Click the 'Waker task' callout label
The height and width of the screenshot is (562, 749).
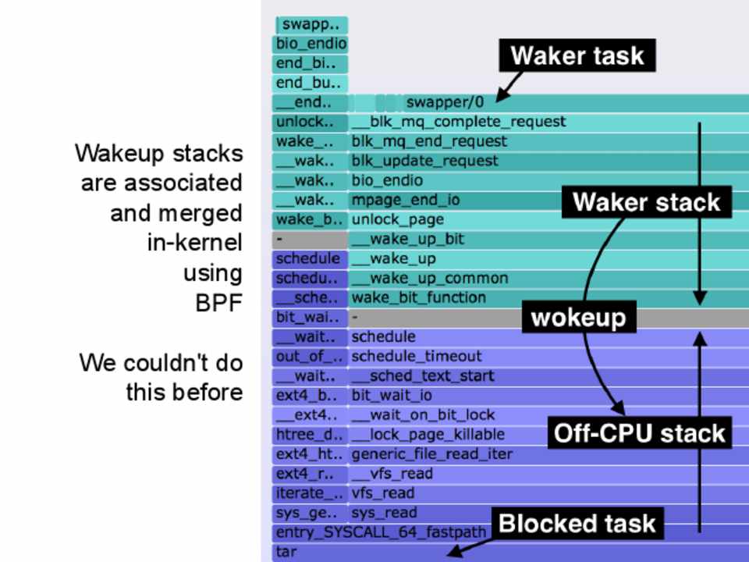click(x=577, y=56)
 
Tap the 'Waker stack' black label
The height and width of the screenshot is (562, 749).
click(x=646, y=202)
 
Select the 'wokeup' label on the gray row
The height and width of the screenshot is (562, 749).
click(x=578, y=318)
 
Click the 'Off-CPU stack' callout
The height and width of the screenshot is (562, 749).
click(x=640, y=433)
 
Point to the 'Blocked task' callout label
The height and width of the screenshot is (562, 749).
click(x=577, y=523)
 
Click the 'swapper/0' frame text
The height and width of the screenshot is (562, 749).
click(x=445, y=102)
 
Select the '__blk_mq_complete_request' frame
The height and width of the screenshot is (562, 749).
click(x=459, y=122)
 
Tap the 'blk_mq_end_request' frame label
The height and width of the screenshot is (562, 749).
click(x=429, y=141)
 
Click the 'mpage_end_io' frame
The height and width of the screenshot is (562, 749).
click(x=406, y=200)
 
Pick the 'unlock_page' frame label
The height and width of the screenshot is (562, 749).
click(x=398, y=219)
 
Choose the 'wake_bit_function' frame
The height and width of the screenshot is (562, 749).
click(x=419, y=297)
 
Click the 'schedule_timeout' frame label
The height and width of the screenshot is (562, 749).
click(x=417, y=356)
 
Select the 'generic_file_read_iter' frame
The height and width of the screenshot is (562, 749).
click(x=432, y=454)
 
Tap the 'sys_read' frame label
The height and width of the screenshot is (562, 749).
click(x=384, y=513)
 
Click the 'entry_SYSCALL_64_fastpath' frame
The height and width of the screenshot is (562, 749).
click(x=382, y=532)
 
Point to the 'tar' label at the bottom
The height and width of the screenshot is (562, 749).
click(x=286, y=552)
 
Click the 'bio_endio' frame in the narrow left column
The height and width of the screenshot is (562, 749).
click(x=311, y=44)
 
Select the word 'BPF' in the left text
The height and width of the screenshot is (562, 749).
click(x=219, y=303)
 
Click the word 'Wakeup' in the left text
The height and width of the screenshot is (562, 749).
click(x=114, y=153)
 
